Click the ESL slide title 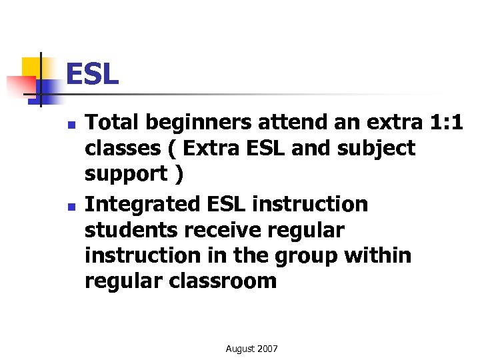tap(92, 75)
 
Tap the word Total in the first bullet tap(113, 123)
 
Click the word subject tap(377, 148)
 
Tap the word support tap(125, 174)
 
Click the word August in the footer tap(240, 349)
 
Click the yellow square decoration tap(32, 67)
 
